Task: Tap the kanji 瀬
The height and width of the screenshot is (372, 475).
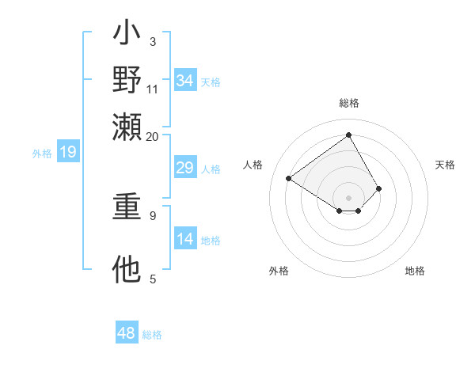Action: click(x=127, y=125)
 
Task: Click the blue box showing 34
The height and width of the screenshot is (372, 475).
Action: click(x=184, y=81)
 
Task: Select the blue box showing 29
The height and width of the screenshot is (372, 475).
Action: click(x=184, y=169)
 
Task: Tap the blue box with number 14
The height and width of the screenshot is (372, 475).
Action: click(x=184, y=240)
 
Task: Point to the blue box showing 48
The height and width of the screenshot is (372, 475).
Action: click(x=127, y=334)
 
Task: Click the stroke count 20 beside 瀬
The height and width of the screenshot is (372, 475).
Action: click(x=152, y=136)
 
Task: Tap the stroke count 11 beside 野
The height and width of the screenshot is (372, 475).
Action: click(x=153, y=89)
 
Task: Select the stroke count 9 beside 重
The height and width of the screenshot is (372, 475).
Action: click(x=153, y=214)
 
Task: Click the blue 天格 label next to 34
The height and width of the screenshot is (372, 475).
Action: click(x=211, y=82)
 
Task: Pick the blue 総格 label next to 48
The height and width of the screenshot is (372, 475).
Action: click(x=152, y=336)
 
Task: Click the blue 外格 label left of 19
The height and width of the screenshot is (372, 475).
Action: click(x=42, y=154)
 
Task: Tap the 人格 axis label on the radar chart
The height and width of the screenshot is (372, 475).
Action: click(x=253, y=165)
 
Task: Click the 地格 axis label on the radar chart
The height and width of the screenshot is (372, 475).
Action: click(x=415, y=271)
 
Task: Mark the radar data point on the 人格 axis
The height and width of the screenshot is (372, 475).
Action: click(x=289, y=178)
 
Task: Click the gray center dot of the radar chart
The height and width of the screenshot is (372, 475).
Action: click(x=348, y=197)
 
